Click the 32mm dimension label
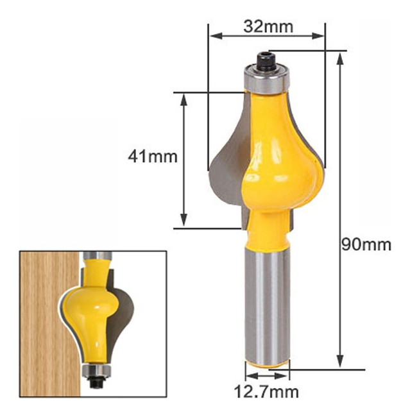coord(268,26)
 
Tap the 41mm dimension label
coord(153,157)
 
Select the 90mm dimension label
coord(366,244)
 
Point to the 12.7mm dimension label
coord(266,392)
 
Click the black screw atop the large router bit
coord(266,62)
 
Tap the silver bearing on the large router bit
coord(266,80)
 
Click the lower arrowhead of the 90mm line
coord(340,361)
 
